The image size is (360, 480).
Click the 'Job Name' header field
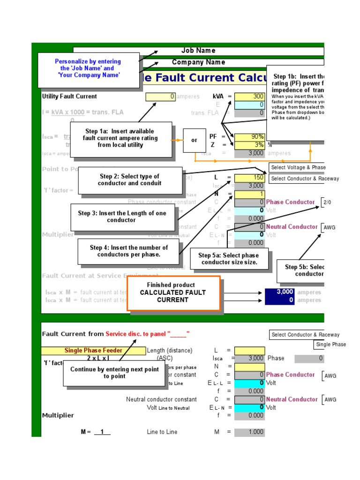[198, 51]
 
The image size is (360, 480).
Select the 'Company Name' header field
[198, 62]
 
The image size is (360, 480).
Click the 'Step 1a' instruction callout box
[120, 138]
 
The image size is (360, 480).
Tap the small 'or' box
[194, 140]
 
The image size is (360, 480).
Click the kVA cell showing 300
[249, 97]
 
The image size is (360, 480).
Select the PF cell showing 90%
[249, 137]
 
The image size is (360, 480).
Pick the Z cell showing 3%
[249, 145]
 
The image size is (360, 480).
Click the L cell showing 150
[249, 178]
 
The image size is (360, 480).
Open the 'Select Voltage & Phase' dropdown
[297, 167]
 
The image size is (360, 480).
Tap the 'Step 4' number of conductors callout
[128, 251]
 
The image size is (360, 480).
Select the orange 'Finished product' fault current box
[173, 292]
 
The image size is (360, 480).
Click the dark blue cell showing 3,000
[279, 292]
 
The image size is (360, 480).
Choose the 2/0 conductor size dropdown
[327, 202]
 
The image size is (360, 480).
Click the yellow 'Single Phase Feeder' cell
[93, 351]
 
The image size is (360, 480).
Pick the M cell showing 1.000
[249, 432]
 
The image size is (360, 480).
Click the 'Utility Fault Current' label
[69, 97]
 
